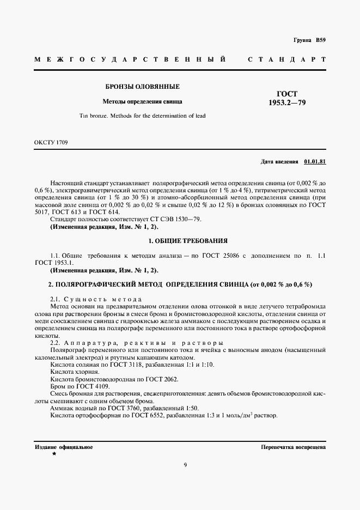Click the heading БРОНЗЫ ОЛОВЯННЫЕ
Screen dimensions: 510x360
tap(143, 87)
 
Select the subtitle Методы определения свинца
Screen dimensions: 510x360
tap(143, 101)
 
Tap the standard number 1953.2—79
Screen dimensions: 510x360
tap(287, 102)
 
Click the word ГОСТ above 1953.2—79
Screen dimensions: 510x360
tap(287, 94)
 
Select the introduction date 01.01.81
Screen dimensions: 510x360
tap(315, 162)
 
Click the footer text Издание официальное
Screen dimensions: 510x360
tap(63, 447)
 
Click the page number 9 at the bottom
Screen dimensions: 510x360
tap(186, 465)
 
